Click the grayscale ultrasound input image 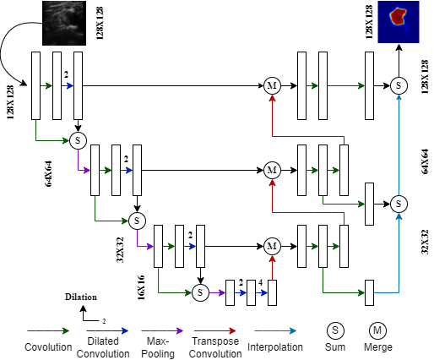[64, 23]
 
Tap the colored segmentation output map [399, 22]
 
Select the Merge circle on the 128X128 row [272, 85]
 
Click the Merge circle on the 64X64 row [272, 170]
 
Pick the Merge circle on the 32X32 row [272, 247]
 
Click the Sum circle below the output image [399, 85]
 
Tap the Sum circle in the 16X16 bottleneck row [200, 292]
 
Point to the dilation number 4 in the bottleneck [260, 282]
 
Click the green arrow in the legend [48, 331]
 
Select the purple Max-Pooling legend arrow [162, 331]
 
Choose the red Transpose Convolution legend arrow [215, 331]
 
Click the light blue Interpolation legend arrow [275, 331]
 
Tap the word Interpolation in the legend [275, 347]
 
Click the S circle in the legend [335, 330]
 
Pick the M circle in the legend [377, 330]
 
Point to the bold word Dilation [81, 297]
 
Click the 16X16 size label [142, 287]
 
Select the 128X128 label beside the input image [100, 23]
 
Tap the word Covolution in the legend [48, 347]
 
